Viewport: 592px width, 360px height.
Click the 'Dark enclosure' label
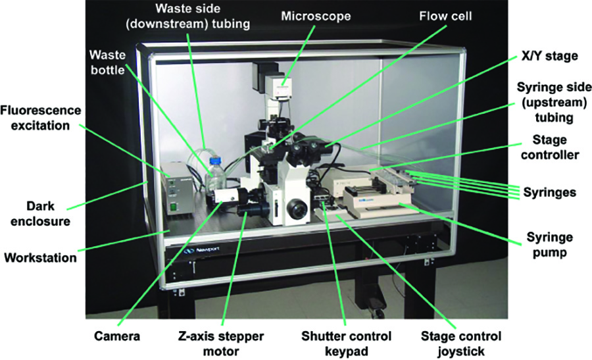point(38,213)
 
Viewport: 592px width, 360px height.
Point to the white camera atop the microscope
point(283,86)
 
